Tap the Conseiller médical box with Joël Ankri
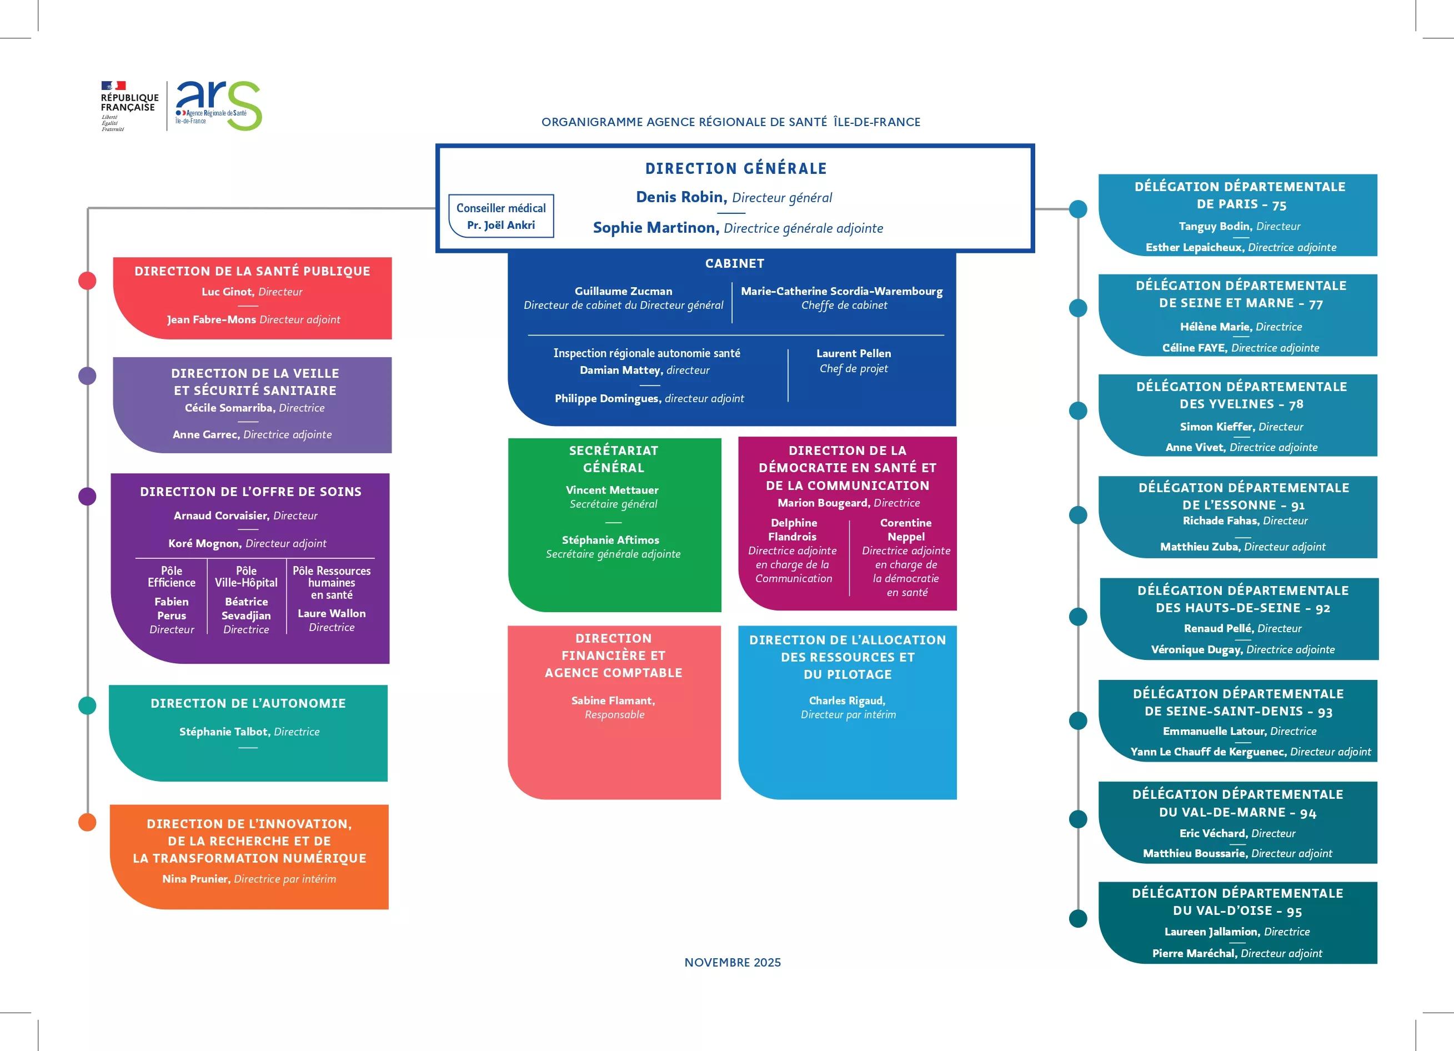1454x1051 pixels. pyautogui.click(x=501, y=216)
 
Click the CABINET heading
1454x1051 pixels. pyautogui.click(x=734, y=263)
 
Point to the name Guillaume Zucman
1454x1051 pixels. pyautogui.click(x=623, y=291)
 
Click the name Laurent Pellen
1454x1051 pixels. pyautogui.click(x=853, y=353)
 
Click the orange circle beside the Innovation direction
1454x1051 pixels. pyautogui.click(x=87, y=822)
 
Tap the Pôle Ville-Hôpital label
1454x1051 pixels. pyautogui.click(x=246, y=577)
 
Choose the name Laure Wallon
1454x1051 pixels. pyautogui.click(x=332, y=614)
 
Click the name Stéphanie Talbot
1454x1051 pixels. pyautogui.click(x=224, y=732)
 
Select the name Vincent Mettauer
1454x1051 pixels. pyautogui.click(x=611, y=490)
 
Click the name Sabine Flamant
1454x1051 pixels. pyautogui.click(x=612, y=701)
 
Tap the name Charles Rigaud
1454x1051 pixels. pyautogui.click(x=847, y=701)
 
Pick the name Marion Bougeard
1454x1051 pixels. pyautogui.click(x=824, y=503)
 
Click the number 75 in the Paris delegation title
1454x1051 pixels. pyautogui.click(x=1279, y=205)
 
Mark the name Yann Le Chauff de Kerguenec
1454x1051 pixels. pyautogui.click(x=1208, y=752)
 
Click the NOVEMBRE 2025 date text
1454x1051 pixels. pyautogui.click(x=732, y=963)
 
